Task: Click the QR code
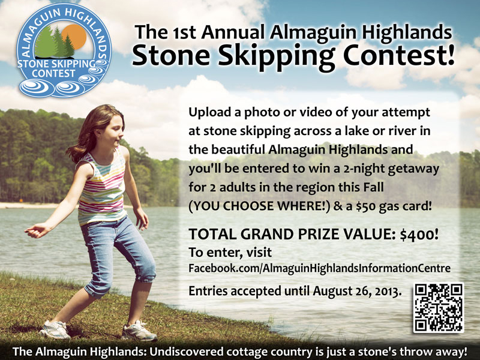(439, 307)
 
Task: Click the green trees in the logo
(56, 43)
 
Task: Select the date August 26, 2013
(355, 291)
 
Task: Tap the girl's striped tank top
(102, 186)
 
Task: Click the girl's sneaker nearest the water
(139, 331)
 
